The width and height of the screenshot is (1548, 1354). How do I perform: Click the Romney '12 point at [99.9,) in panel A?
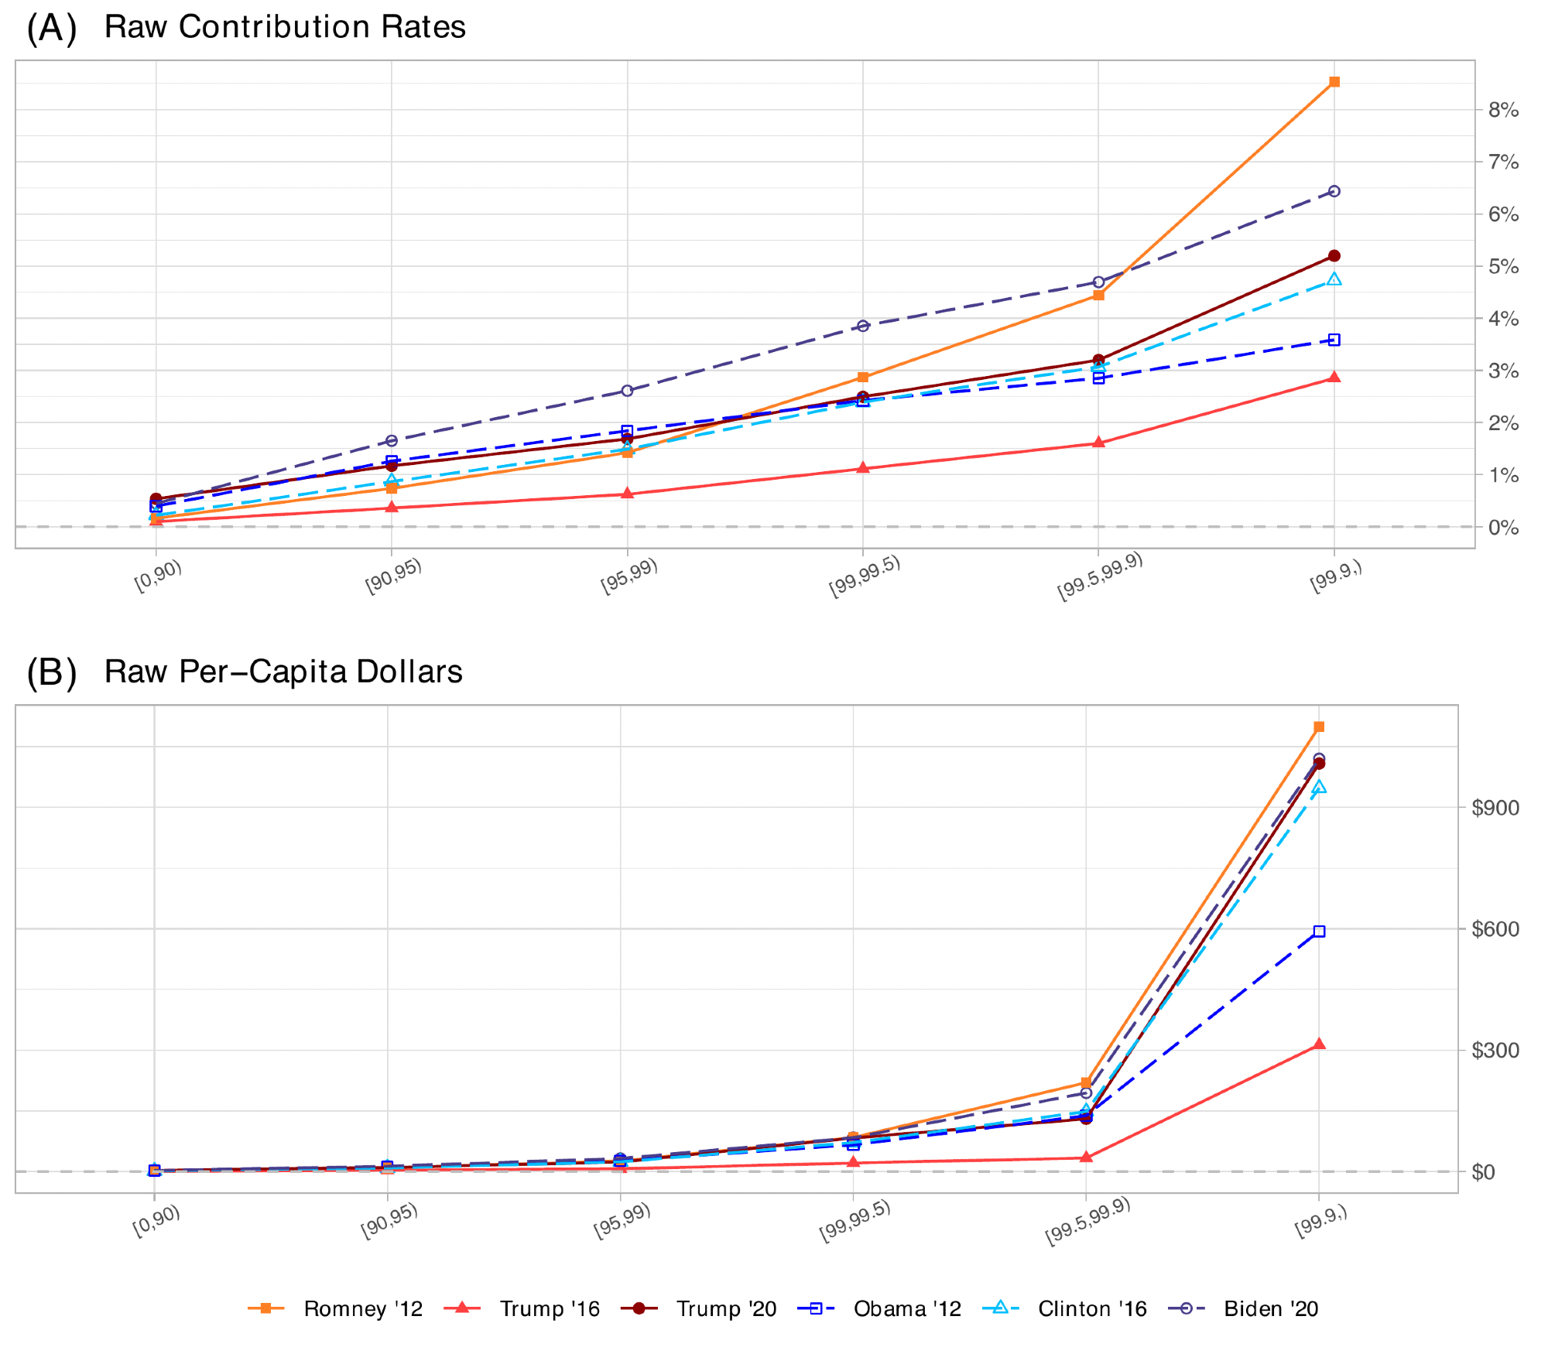pyautogui.click(x=1334, y=82)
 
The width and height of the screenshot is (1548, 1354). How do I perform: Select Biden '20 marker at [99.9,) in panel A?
pyautogui.click(x=1334, y=191)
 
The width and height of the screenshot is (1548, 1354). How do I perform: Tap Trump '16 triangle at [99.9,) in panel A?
pyautogui.click(x=1334, y=378)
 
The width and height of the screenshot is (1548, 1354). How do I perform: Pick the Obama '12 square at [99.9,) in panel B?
pyautogui.click(x=1319, y=932)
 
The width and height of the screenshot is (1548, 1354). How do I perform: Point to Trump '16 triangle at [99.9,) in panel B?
pyautogui.click(x=1319, y=1045)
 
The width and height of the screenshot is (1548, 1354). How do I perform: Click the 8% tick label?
pyautogui.click(x=1503, y=110)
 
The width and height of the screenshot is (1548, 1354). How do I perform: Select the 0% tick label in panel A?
pyautogui.click(x=1503, y=528)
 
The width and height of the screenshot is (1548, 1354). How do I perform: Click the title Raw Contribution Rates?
pyautogui.click(x=285, y=27)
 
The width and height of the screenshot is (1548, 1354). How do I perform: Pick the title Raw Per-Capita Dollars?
pyautogui.click(x=283, y=672)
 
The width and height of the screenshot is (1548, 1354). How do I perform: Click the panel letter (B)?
pyautogui.click(x=52, y=672)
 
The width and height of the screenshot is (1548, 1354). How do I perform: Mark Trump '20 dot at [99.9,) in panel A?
pyautogui.click(x=1334, y=256)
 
